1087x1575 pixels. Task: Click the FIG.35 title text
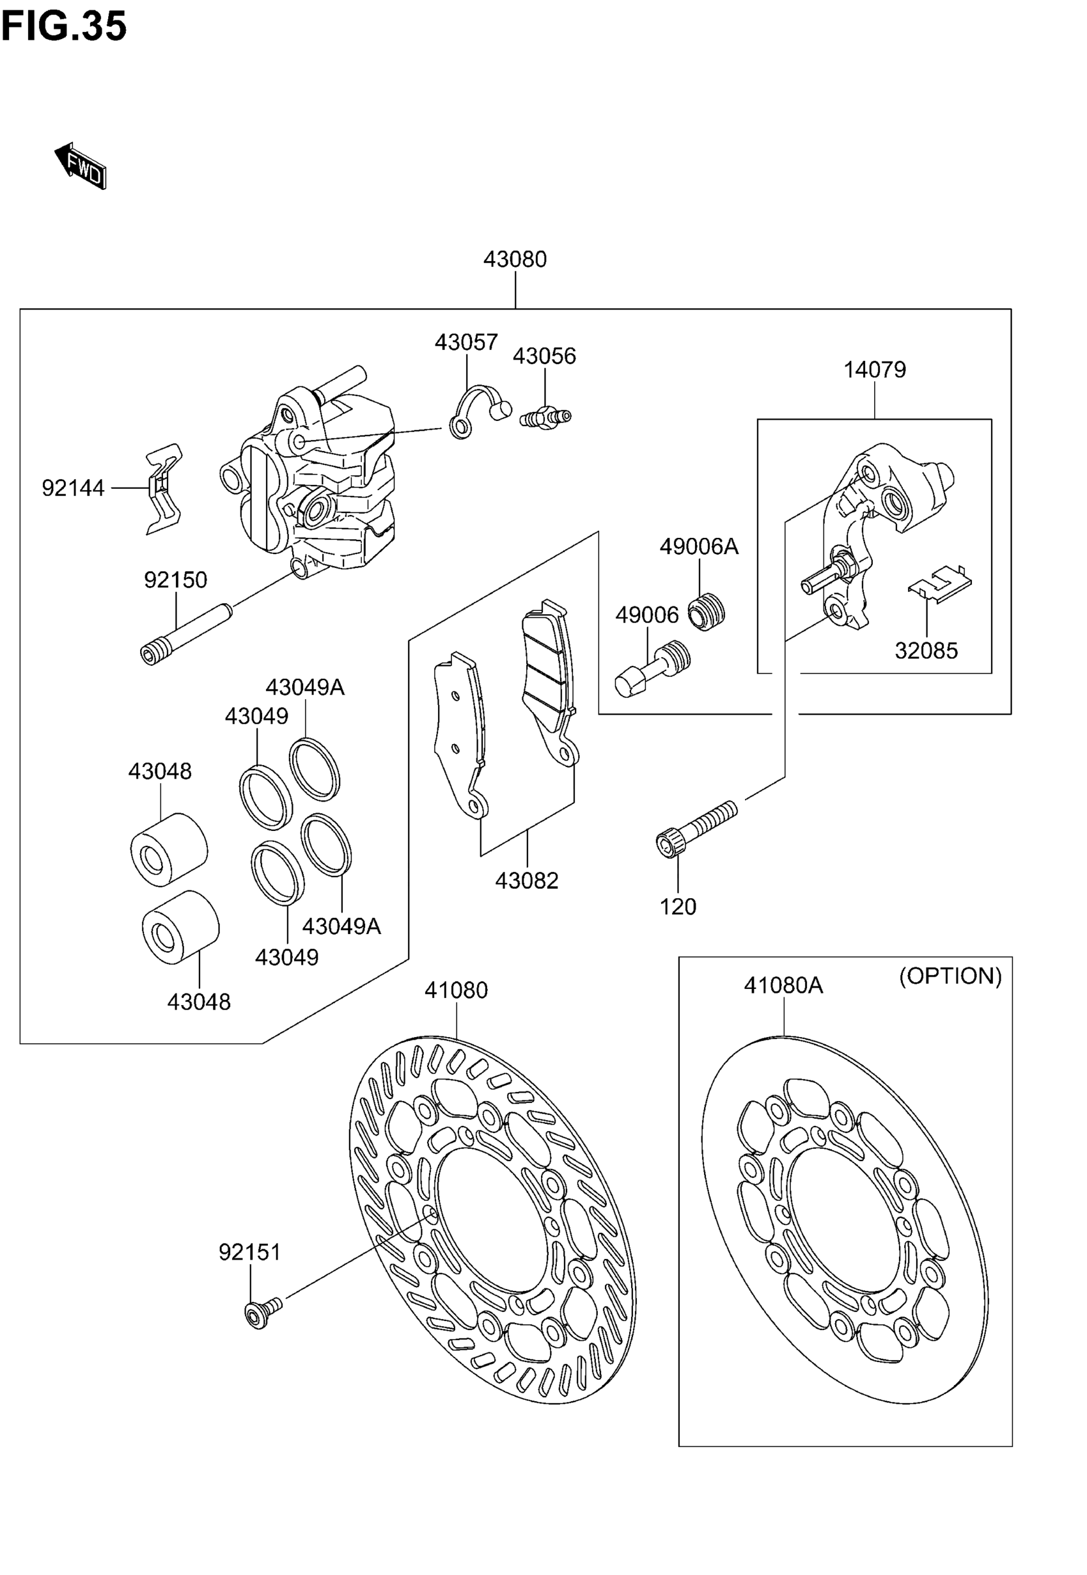pos(64,28)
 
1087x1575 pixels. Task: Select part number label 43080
pos(515,260)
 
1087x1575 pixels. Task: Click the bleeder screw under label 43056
pos(545,417)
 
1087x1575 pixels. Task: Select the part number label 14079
pos(875,370)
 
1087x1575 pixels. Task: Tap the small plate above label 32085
pos(941,580)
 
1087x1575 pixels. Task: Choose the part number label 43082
pos(526,881)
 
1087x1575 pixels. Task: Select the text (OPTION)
pos(950,976)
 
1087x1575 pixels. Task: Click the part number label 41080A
pos(783,985)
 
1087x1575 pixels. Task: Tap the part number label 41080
pos(456,990)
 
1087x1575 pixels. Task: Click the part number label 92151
pos(249,1252)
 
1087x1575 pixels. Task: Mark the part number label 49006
pos(647,615)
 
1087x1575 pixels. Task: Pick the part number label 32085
pos(926,651)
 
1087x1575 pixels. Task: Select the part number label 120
pos(678,906)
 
